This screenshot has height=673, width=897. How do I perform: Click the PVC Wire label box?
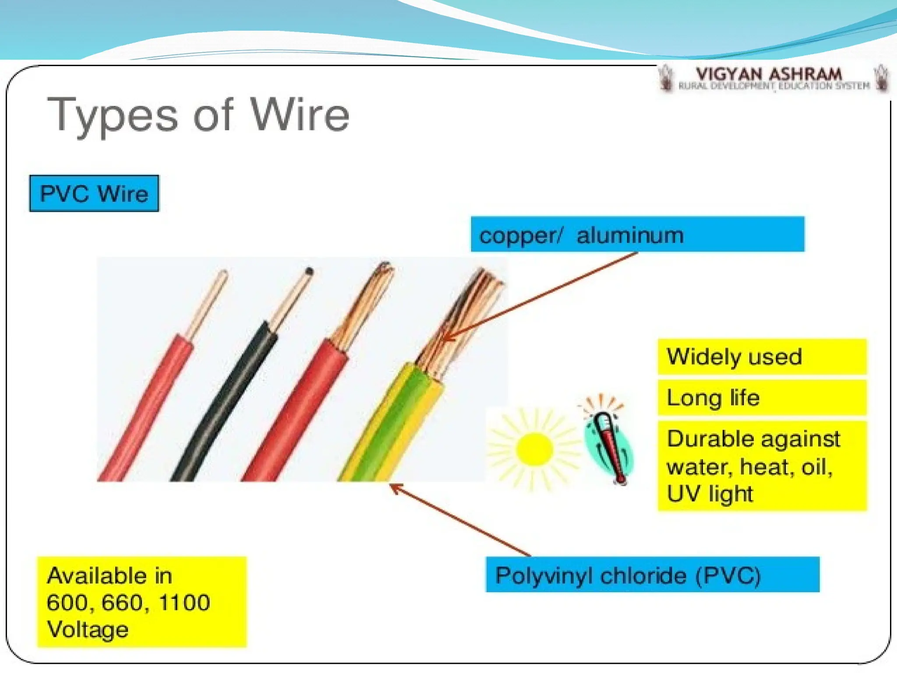94,194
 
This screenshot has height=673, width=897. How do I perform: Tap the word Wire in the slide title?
300,115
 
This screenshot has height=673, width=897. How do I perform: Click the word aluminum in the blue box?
630,236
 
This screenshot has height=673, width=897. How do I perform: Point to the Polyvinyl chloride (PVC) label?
628,575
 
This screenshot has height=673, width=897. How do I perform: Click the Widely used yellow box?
762,357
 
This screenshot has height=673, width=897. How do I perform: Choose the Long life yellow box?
762,398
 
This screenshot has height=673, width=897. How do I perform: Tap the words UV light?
710,494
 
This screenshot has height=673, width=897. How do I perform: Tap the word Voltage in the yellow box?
88,630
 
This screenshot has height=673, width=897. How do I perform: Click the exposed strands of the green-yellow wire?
464,315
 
